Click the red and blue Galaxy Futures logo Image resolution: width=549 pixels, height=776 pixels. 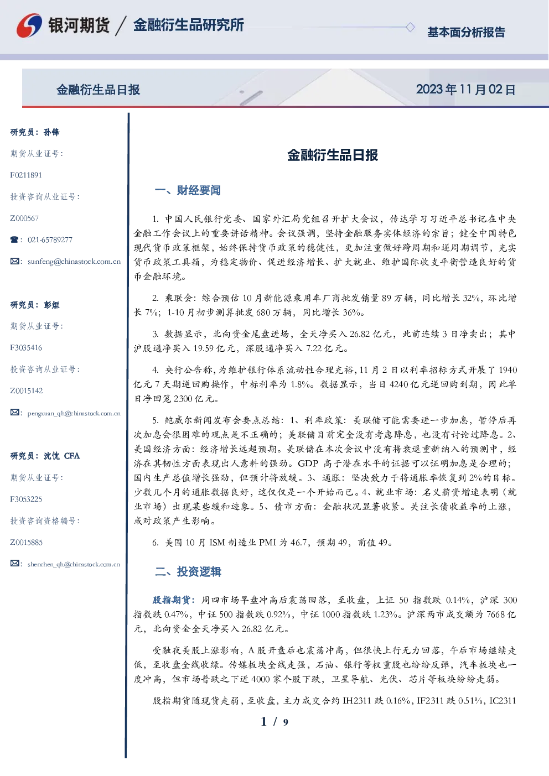[x=29, y=25]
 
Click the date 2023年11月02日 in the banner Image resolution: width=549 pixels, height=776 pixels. [x=465, y=90]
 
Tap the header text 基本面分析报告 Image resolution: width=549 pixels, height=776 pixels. [x=466, y=32]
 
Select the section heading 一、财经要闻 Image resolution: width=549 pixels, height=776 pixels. [x=188, y=190]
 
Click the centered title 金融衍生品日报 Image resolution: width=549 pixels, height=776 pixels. [x=333, y=155]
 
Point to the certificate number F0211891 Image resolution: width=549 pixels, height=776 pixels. [x=26, y=175]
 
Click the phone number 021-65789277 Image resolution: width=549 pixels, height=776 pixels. [x=50, y=239]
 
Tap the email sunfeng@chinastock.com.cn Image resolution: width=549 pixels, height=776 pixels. [x=74, y=262]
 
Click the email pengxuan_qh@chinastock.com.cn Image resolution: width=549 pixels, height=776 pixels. [x=74, y=413]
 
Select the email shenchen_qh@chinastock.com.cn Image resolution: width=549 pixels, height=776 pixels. [x=74, y=564]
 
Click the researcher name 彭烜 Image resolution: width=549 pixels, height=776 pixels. [x=51, y=305]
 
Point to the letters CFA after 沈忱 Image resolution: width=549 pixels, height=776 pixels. [x=72, y=456]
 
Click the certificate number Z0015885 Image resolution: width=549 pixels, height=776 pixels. [x=27, y=543]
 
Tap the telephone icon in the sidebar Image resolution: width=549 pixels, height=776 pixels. [x=14, y=239]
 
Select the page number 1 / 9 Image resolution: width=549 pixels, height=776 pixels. [x=274, y=722]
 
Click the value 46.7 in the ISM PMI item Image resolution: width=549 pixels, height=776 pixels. [x=298, y=543]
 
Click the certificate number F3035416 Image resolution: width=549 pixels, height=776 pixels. [x=26, y=348]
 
